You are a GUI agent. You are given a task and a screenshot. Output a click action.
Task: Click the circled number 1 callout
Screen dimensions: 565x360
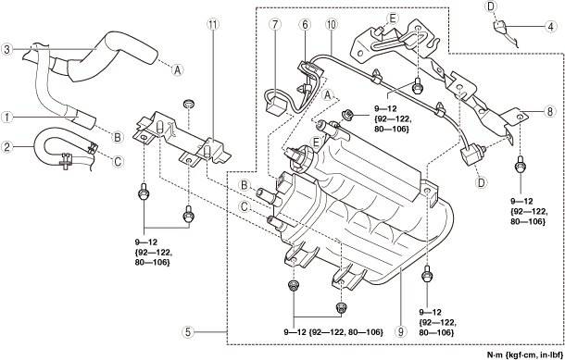coord(6,117)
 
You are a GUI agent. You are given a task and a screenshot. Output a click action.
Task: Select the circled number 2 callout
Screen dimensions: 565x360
coord(6,146)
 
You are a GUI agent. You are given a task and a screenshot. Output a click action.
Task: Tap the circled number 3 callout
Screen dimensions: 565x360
coord(6,49)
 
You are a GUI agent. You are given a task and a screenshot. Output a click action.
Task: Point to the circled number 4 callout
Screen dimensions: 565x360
coord(551,26)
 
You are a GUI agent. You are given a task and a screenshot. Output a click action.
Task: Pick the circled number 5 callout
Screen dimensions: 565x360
coord(188,331)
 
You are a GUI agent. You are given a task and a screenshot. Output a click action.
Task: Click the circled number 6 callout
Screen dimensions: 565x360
coord(305,24)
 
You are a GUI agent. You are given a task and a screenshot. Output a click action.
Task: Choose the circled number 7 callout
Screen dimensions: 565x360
coord(274,24)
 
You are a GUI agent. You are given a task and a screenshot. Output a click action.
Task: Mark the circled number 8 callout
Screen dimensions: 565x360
coord(549,112)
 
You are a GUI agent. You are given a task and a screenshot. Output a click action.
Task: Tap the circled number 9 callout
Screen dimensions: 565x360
coord(400,331)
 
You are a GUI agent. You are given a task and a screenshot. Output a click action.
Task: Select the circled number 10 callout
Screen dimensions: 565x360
coord(331,24)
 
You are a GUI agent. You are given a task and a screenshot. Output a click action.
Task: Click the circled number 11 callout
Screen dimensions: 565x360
coord(213,24)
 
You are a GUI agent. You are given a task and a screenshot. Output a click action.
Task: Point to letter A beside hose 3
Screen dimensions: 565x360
coord(177,69)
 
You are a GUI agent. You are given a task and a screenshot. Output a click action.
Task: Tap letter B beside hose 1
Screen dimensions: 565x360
coord(117,137)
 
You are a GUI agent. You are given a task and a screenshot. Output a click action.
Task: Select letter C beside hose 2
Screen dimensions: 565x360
coord(118,162)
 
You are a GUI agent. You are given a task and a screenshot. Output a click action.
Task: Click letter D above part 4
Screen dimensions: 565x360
coord(490,6)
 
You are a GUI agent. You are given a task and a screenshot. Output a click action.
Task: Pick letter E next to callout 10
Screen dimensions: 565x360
coord(392,18)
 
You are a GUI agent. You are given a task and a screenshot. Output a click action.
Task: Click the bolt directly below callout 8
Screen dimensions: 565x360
coord(521,166)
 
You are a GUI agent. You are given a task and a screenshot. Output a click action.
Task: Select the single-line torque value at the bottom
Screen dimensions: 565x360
coord(333,332)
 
